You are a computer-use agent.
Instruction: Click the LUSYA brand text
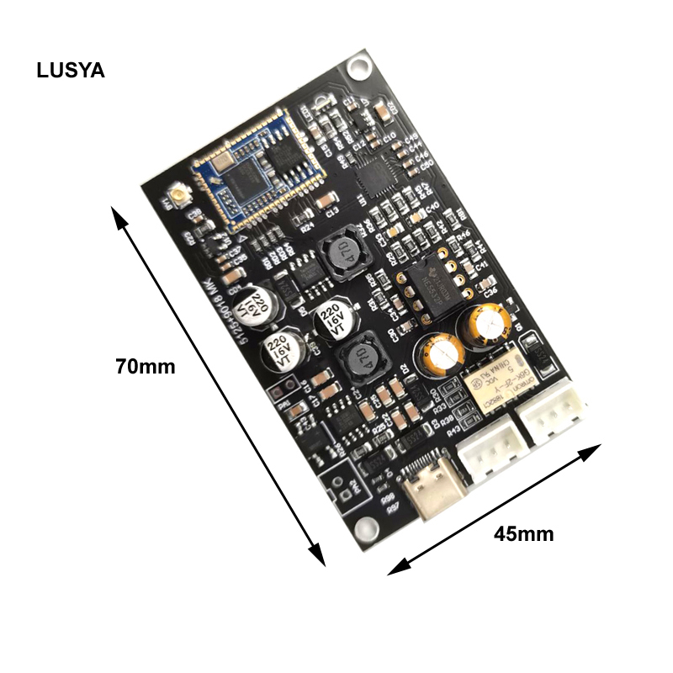(x=71, y=71)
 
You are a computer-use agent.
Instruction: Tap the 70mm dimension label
(x=146, y=367)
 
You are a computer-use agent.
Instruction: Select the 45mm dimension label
(x=523, y=533)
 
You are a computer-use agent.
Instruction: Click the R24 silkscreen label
(x=307, y=225)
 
